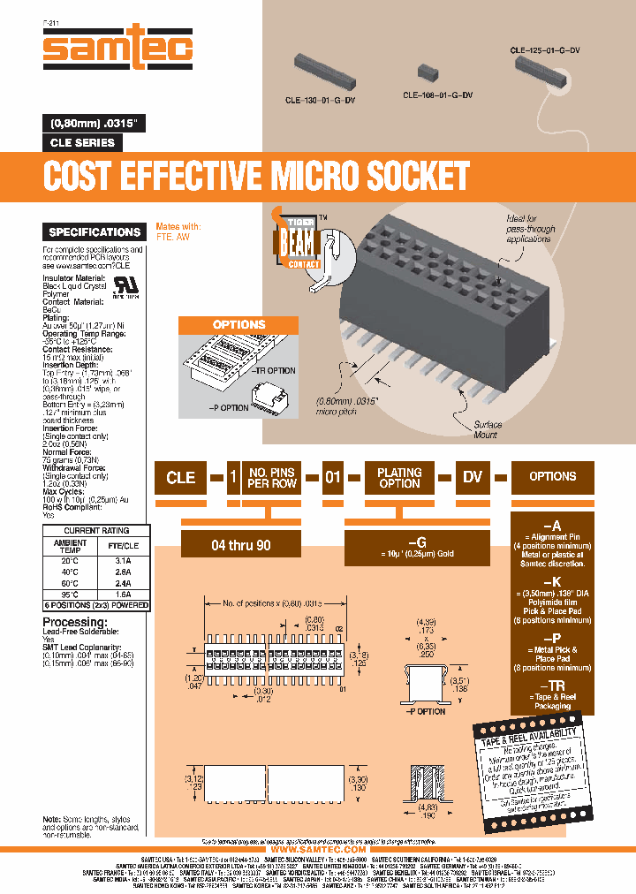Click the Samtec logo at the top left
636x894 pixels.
pyautogui.click(x=117, y=47)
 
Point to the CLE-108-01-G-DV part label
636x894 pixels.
pyautogui.click(x=437, y=95)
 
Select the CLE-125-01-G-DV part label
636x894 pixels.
pyautogui.click(x=545, y=51)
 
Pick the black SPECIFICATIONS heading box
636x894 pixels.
pyautogui.click(x=95, y=232)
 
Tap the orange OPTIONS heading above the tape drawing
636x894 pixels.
pyautogui.click(x=238, y=325)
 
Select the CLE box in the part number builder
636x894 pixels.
pyautogui.click(x=181, y=477)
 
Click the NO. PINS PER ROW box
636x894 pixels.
pyautogui.click(x=272, y=477)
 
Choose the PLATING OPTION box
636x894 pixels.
pyautogui.click(x=399, y=477)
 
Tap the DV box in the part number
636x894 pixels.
pyautogui.click(x=473, y=477)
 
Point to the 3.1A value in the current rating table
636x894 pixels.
pyautogui.click(x=123, y=560)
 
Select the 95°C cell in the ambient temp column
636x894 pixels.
pyautogui.click(x=71, y=595)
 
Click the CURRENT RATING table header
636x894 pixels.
pyautogui.click(x=96, y=531)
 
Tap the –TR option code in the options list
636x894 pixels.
pyautogui.click(x=552, y=685)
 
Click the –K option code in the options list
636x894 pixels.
pyautogui.click(x=552, y=582)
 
